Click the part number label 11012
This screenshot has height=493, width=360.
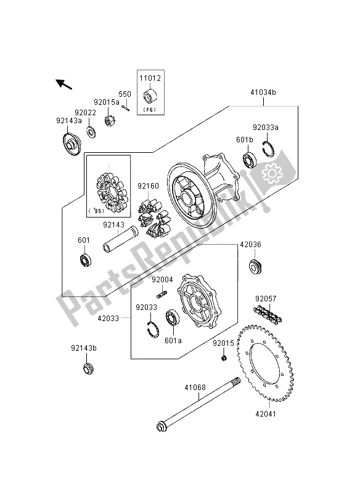[x=150, y=78]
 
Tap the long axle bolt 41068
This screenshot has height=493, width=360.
[x=198, y=404]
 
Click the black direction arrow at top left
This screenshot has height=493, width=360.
[x=64, y=84]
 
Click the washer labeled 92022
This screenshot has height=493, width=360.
[x=91, y=132]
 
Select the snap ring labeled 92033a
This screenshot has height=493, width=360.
[x=268, y=149]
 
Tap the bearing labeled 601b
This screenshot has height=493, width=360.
[x=251, y=160]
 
